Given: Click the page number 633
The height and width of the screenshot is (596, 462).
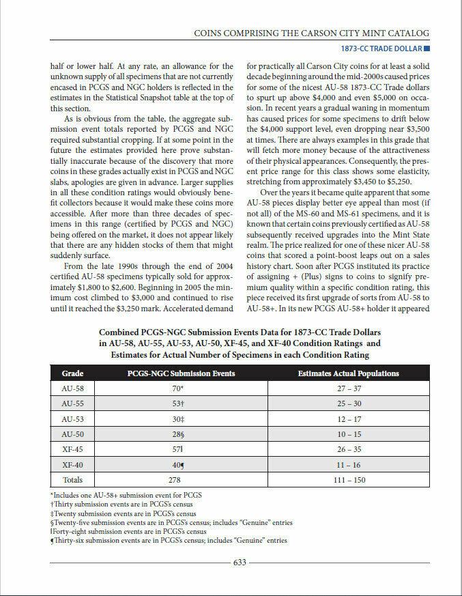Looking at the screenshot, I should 240,563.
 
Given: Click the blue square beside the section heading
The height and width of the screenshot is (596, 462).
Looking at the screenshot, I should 427,48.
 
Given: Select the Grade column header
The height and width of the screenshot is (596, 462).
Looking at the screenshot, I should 72,373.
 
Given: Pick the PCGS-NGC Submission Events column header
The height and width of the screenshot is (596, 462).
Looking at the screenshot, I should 181,373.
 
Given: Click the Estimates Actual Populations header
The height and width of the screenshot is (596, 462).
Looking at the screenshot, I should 348,373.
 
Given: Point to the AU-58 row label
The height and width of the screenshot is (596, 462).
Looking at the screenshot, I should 72,388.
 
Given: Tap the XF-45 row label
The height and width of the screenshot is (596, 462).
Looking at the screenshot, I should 72,450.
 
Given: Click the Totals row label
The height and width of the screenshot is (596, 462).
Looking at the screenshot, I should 72,480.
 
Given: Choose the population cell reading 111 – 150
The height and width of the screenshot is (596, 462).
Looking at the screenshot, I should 348,480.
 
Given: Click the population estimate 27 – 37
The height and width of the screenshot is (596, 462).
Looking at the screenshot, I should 348,388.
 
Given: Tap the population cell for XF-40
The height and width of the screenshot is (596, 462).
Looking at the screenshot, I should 348,465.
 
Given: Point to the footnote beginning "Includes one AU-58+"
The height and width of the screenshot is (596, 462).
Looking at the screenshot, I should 126,495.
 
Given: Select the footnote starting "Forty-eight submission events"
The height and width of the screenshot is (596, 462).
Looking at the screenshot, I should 129,531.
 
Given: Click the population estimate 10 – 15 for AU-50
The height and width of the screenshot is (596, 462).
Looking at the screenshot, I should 348,434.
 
